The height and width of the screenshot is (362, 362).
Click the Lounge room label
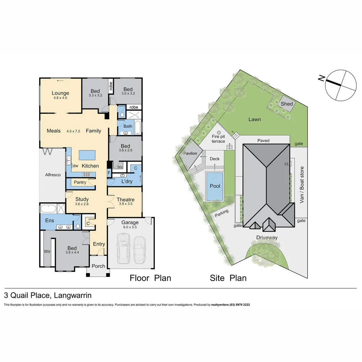click(x=60, y=93)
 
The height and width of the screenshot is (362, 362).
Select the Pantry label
click(x=80, y=182)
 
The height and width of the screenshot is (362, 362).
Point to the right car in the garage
click(x=139, y=250)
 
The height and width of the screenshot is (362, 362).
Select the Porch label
click(x=98, y=266)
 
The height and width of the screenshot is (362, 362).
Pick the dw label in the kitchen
click(x=75, y=166)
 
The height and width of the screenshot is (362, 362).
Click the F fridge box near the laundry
click(x=109, y=173)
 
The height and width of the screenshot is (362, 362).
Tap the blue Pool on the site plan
click(x=215, y=186)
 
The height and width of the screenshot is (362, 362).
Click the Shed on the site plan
click(x=287, y=104)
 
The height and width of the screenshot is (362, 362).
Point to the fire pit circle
click(x=219, y=132)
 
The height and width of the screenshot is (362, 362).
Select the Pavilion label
click(x=190, y=154)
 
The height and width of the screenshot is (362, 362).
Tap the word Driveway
click(x=267, y=238)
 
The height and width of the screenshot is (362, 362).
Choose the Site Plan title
click(x=228, y=278)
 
